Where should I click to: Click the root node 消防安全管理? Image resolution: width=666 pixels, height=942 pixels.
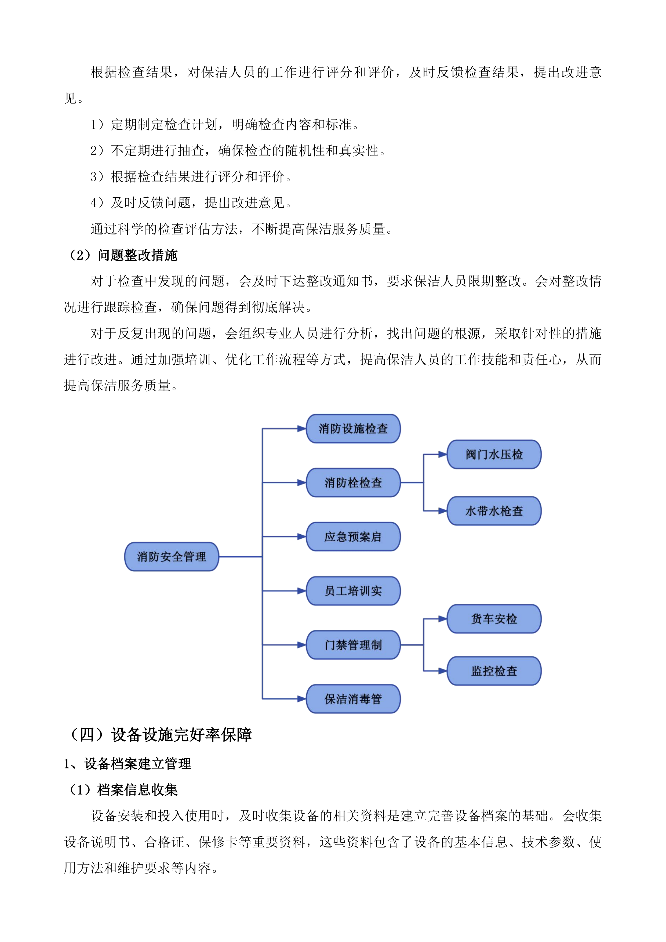click(172, 557)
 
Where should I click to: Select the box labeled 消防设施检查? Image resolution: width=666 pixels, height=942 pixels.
click(353, 429)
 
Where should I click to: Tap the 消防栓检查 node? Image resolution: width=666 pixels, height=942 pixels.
click(353, 483)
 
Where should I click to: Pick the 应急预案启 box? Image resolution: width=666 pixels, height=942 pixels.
click(353, 537)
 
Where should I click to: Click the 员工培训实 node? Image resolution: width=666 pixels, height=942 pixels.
click(353, 591)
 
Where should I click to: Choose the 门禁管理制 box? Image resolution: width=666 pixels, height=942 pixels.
click(353, 645)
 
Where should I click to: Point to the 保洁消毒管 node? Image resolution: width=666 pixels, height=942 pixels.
click(353, 699)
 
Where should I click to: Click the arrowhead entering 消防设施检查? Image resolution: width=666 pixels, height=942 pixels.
click(302, 429)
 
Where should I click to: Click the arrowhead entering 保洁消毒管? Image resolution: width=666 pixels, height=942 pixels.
click(302, 699)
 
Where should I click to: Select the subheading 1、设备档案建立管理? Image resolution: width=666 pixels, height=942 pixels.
click(128, 763)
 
